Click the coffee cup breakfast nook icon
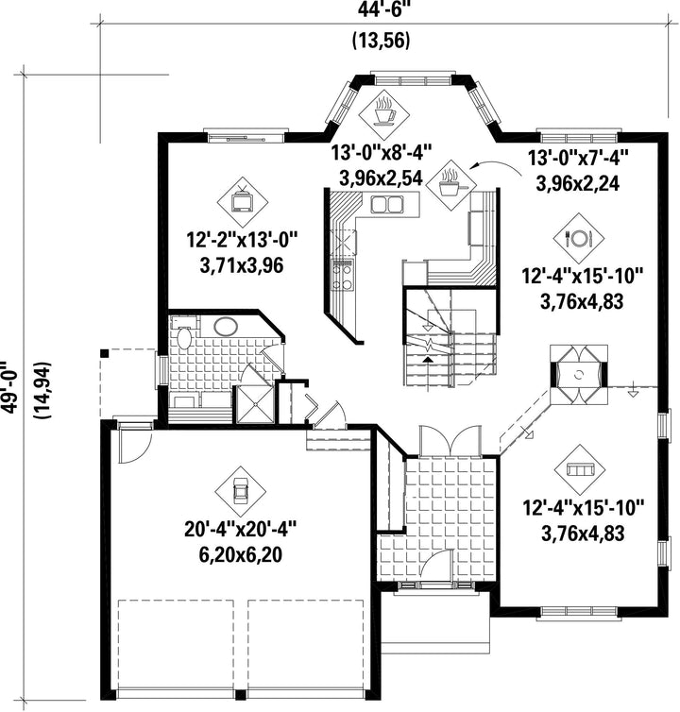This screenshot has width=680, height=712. [x=383, y=110]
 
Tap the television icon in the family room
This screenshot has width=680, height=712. [x=242, y=202]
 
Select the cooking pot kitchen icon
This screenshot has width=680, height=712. [x=450, y=185]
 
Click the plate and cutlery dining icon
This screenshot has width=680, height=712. [x=579, y=238]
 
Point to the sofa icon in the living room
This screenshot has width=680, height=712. [x=580, y=469]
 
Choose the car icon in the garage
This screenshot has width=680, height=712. [x=240, y=491]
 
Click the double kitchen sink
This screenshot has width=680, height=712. [x=387, y=204]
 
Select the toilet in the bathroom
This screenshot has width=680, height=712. [x=184, y=336]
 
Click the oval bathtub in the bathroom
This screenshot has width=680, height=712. [x=226, y=326]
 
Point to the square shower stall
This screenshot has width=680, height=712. [x=254, y=404]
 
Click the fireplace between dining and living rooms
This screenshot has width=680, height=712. [x=578, y=375]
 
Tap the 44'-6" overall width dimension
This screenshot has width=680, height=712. [x=381, y=10]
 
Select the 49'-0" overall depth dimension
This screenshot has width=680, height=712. [x=10, y=387]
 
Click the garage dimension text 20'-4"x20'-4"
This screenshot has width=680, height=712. [x=240, y=530]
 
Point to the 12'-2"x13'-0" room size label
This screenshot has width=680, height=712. [x=242, y=239]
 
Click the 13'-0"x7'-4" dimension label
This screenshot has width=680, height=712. [x=578, y=159]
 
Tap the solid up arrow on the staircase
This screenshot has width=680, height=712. [x=427, y=360]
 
